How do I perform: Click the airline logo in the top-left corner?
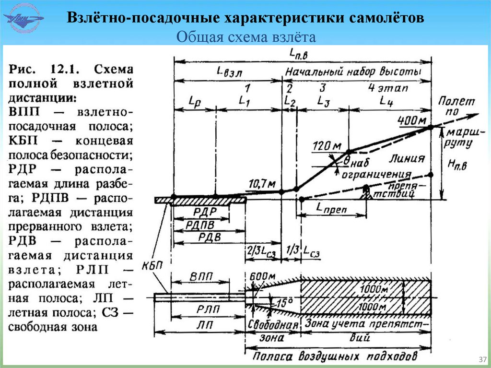click(x=23, y=19)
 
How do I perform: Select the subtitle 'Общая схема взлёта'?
click(x=245, y=37)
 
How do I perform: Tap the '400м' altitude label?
click(x=410, y=120)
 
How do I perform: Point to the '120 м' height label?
click(x=327, y=145)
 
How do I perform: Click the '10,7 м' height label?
click(x=262, y=183)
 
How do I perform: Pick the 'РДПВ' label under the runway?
click(x=201, y=224)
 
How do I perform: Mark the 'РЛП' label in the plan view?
click(x=200, y=309)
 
